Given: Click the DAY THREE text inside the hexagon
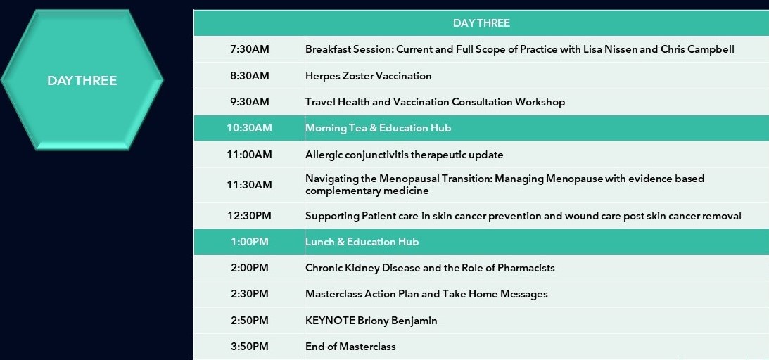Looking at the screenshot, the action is click(82, 81).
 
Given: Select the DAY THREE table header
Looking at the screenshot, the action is click(481, 23).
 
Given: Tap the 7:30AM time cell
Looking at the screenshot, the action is click(250, 49).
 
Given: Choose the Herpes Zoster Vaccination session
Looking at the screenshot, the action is click(368, 76).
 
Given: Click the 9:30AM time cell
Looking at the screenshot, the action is click(250, 102).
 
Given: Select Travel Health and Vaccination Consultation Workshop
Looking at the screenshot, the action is click(435, 102).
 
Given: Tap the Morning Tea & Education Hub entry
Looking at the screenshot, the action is click(378, 128).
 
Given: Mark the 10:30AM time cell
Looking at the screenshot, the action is click(249, 128).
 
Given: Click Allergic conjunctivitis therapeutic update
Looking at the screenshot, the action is click(404, 155).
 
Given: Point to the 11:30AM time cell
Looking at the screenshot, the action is click(249, 185).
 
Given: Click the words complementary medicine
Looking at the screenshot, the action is click(367, 191).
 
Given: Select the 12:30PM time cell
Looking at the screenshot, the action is click(249, 216).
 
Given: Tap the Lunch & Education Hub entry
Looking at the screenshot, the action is click(362, 242).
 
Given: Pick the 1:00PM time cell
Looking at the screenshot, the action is click(250, 242).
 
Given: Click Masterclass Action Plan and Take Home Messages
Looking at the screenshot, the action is click(426, 294).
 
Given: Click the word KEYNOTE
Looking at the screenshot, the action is click(329, 321).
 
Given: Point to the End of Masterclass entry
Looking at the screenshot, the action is click(350, 347).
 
